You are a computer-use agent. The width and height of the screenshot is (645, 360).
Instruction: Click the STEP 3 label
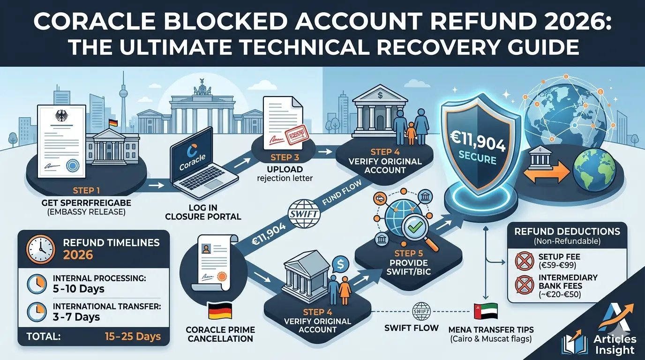tap(284, 157)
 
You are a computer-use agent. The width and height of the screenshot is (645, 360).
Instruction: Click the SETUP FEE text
tap(559, 256)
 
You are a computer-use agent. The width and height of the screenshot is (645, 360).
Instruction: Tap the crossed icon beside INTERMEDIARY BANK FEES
tap(523, 285)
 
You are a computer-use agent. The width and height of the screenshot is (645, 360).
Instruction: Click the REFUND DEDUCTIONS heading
tap(567, 232)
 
